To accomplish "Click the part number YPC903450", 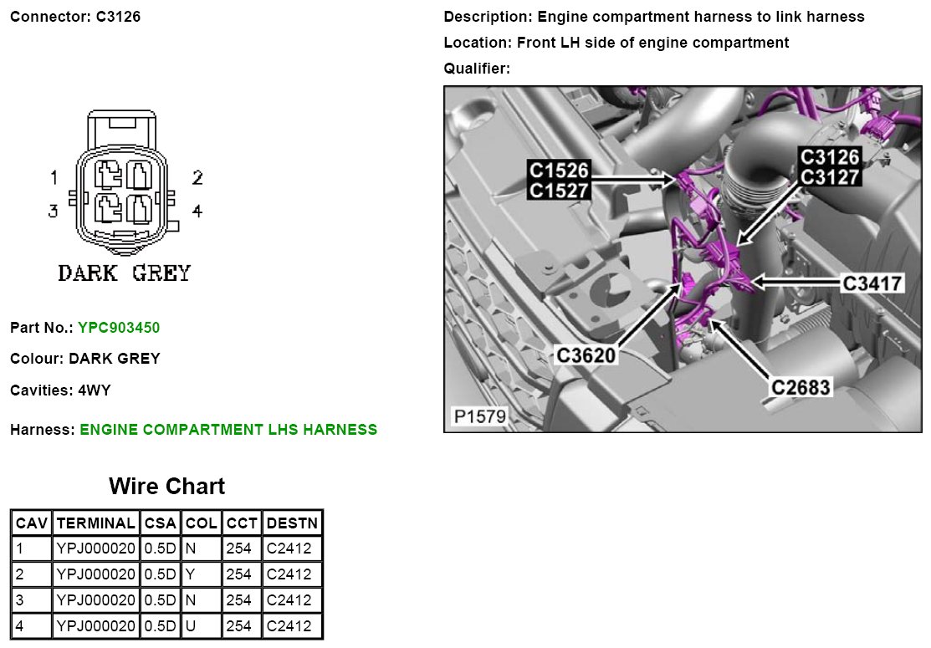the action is coord(119,328).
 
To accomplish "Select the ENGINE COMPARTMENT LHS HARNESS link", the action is coord(228,430).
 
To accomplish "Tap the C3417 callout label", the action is coord(872,283).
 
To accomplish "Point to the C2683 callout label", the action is coord(801,387).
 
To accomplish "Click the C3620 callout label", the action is coord(586,355).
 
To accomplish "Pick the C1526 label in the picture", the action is coord(559,171).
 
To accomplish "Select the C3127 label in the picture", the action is coord(830,176).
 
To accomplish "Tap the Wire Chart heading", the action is coord(166,487).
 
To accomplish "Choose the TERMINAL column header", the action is coord(95,523).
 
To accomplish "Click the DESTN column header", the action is coord(291,523).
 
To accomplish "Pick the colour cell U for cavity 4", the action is coord(190,625).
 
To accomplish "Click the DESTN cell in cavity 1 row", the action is coord(289,549).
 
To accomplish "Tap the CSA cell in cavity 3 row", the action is coord(159,600).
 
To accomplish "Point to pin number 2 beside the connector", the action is coord(197,177).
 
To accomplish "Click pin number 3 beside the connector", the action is coord(53,211).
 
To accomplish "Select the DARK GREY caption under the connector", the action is coord(124,273).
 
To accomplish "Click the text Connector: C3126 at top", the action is coord(75,17).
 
